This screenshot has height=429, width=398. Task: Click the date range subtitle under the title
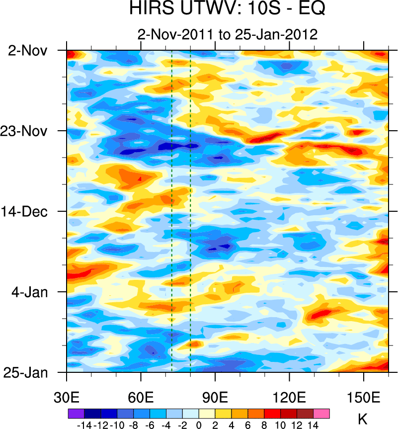(227, 35)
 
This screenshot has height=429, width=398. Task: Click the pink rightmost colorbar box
(321, 413)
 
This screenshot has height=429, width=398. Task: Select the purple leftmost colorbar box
(76, 413)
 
